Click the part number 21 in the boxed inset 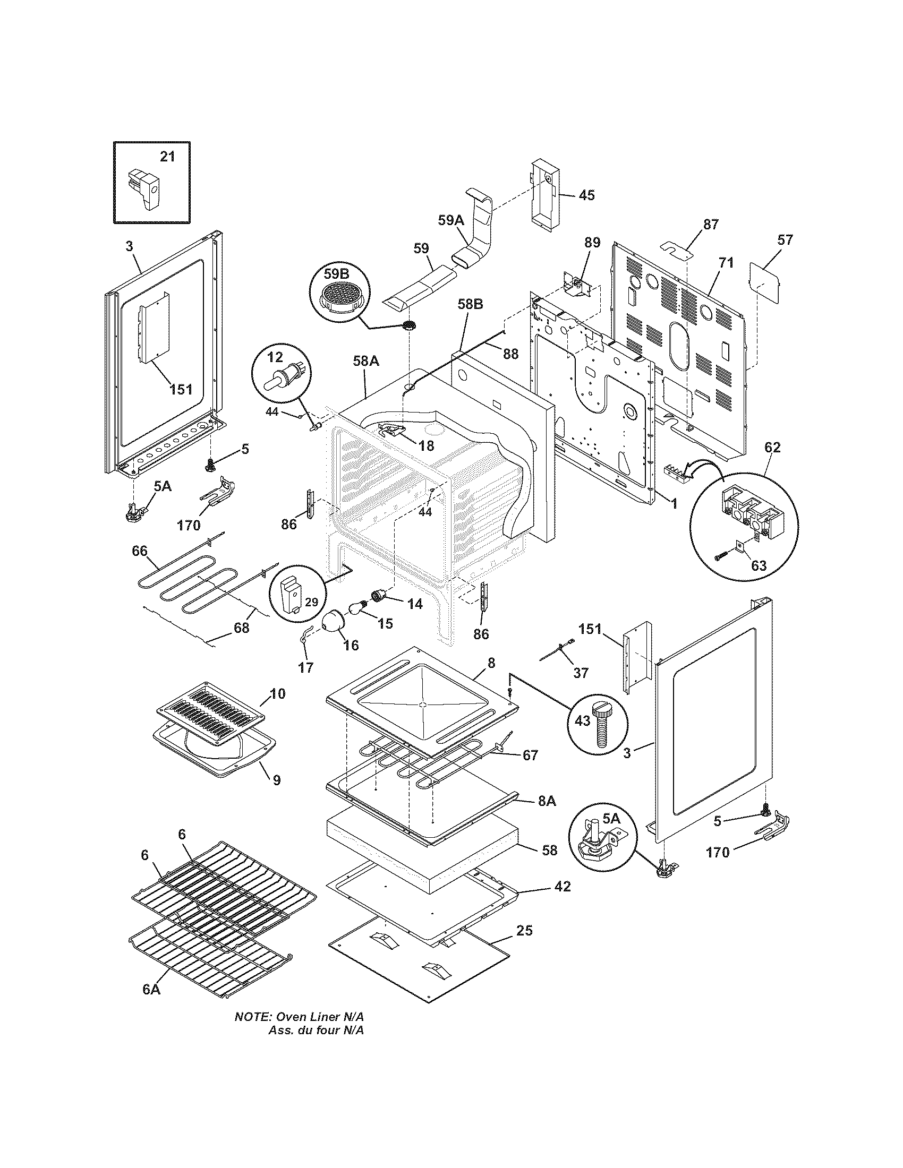point(167,157)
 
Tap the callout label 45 point(587,195)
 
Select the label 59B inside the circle point(336,274)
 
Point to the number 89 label point(593,242)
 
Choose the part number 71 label point(726,263)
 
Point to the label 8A point(547,801)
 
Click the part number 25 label point(525,930)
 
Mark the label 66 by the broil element point(140,551)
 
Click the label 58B point(470,304)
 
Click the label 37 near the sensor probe point(581,672)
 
